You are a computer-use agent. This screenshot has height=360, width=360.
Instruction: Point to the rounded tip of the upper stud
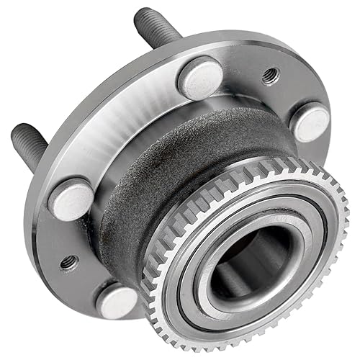[141, 14]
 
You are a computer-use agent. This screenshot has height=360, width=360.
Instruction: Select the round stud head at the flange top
[199, 77]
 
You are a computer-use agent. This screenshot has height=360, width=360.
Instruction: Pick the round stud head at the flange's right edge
[311, 122]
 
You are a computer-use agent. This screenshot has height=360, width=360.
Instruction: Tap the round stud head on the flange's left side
[71, 197]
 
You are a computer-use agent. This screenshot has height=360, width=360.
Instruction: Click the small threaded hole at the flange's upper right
[271, 74]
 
